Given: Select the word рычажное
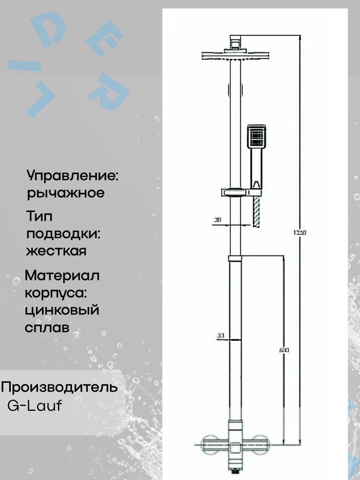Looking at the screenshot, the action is [x=66, y=193].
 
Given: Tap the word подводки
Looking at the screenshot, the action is [x=63, y=234].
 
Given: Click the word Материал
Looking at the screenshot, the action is [x=62, y=276].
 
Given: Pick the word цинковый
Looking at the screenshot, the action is [x=62, y=310].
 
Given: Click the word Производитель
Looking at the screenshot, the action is [x=60, y=388].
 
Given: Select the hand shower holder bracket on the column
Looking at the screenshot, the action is [x=236, y=192].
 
